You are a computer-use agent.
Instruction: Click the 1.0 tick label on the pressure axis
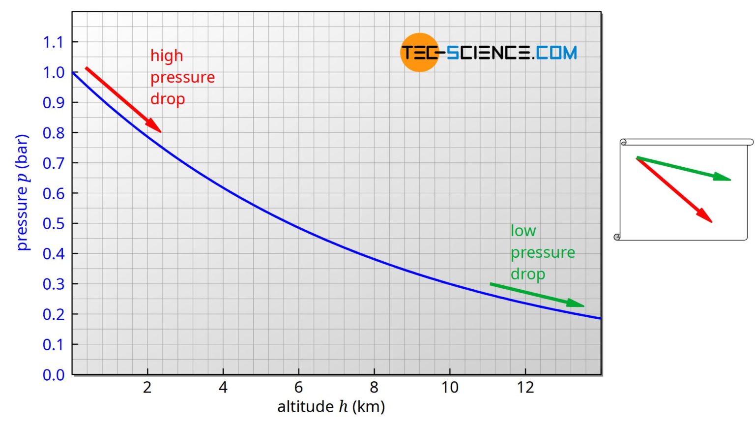coord(54,72)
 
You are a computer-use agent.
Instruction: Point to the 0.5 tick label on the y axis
coord(54,223)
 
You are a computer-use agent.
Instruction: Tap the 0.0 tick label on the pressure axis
coord(54,375)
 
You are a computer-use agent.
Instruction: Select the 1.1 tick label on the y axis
coord(54,42)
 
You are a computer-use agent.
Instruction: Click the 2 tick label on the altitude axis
coord(147,388)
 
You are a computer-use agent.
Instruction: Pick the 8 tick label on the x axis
coord(374,388)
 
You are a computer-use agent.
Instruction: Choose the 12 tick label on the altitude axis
coord(525,388)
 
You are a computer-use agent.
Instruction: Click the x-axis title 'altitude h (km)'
coord(331,407)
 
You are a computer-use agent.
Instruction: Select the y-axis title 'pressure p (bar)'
coord(23,192)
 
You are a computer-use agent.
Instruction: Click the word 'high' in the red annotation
coord(167,56)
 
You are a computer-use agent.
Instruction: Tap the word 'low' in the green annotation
coord(523,231)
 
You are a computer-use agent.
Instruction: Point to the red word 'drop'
coord(168,99)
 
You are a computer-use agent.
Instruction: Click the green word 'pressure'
coord(543,252)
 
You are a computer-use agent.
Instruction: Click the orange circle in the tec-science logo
coord(419,53)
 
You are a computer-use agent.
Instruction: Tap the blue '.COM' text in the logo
coord(555,53)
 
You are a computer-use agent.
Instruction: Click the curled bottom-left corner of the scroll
coord(617,237)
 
